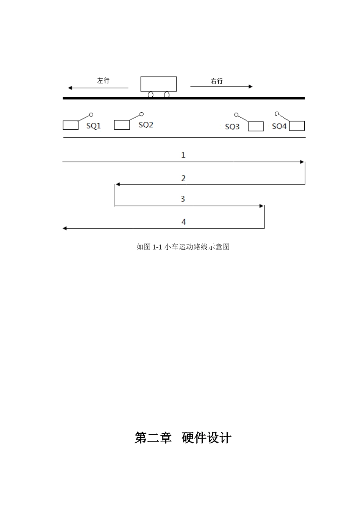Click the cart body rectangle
[158, 84]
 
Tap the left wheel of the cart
[150, 94]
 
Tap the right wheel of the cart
[166, 94]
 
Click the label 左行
[103, 80]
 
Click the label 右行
[217, 81]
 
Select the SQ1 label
[94, 126]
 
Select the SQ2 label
[146, 125]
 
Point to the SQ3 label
[232, 126]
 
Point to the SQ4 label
[279, 126]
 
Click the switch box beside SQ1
[70, 125]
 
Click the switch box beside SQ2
[122, 125]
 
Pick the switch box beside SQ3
[256, 126]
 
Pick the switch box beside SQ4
[297, 126]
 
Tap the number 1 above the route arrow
[183, 155]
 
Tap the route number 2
[183, 178]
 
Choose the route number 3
[183, 199]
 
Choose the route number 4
[184, 222]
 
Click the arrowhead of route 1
[302, 162]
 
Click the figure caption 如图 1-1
[183, 247]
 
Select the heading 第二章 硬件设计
[183, 438]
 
